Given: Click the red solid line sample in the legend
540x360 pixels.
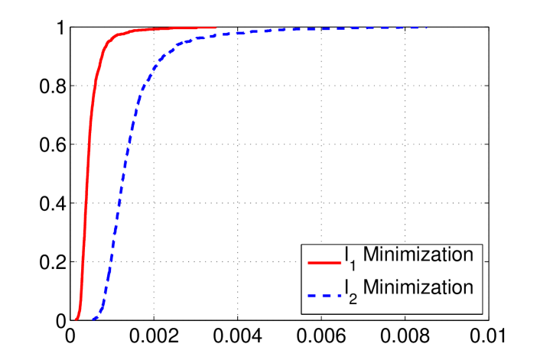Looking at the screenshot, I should click(x=324, y=261).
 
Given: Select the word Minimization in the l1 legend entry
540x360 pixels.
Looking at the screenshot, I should click(x=418, y=255).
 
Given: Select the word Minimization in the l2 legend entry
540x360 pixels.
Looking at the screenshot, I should click(x=418, y=288).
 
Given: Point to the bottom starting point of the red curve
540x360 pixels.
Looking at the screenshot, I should click(x=76, y=318).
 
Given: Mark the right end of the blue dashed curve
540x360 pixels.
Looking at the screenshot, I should click(x=425, y=28).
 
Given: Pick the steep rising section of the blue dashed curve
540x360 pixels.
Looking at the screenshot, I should click(x=119, y=191).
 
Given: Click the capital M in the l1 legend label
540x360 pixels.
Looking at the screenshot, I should click(x=369, y=255).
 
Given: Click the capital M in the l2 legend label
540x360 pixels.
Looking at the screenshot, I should click(x=369, y=288).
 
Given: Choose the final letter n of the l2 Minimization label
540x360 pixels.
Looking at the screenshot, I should click(x=468, y=288).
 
